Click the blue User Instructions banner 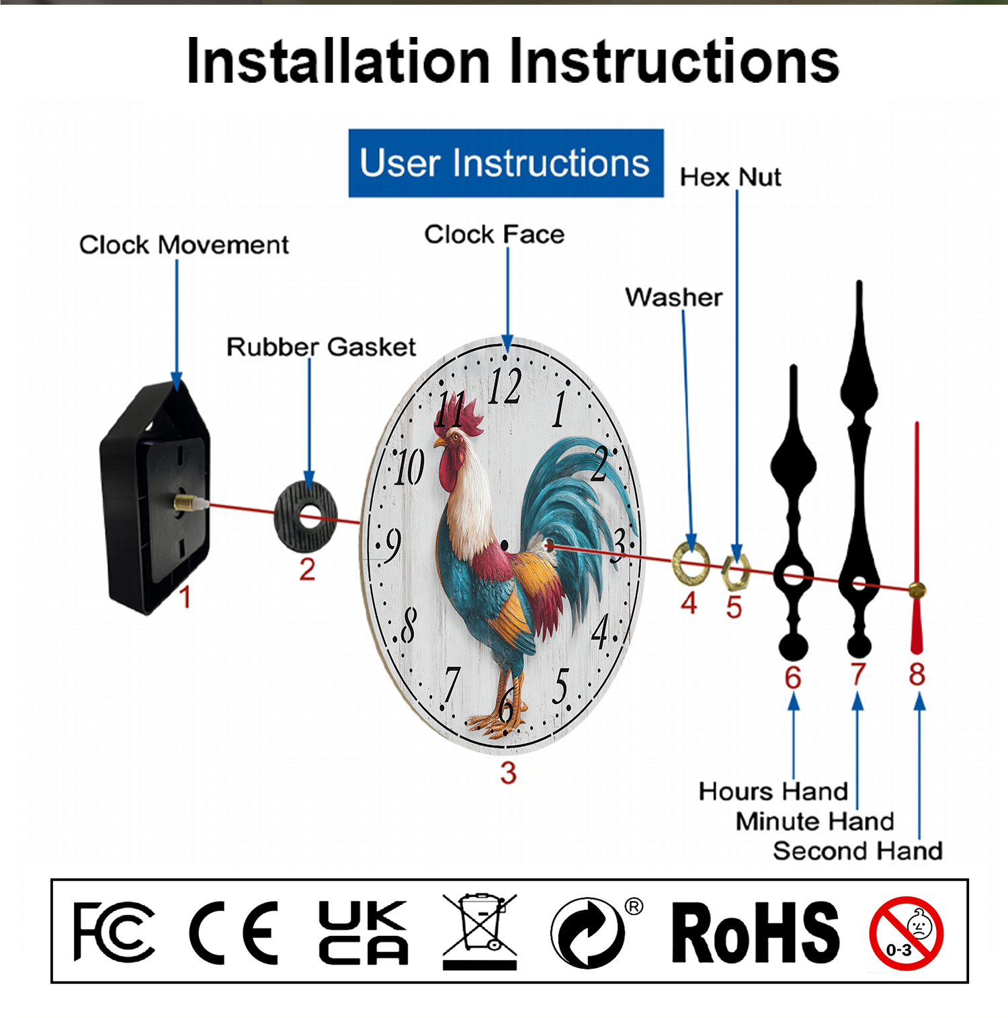click(505, 163)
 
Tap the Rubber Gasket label click(321, 347)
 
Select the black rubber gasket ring click(306, 518)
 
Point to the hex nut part click(735, 572)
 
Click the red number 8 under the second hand click(917, 674)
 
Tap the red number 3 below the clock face click(509, 773)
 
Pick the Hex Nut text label click(730, 178)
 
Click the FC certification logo click(113, 932)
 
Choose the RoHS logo click(755, 933)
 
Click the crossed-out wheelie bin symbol click(479, 931)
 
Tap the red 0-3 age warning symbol click(906, 933)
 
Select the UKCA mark click(363, 933)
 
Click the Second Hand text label click(857, 851)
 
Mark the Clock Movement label click(183, 245)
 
